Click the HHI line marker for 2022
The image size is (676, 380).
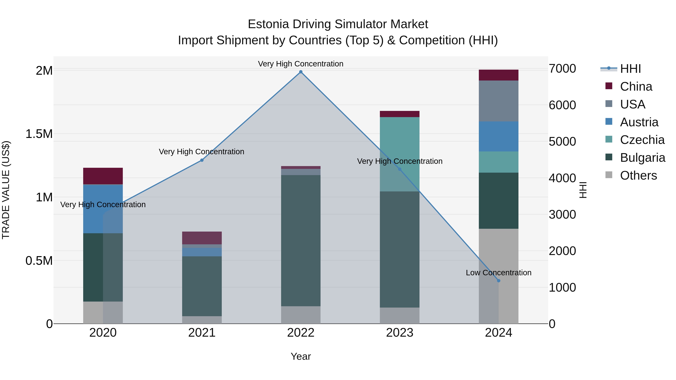click(301, 72)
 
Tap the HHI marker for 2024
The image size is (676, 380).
click(499, 281)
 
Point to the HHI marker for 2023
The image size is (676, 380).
click(400, 169)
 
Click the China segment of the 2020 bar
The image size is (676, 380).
click(103, 176)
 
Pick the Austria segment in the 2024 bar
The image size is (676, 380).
click(499, 136)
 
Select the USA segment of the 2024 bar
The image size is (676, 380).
click(499, 101)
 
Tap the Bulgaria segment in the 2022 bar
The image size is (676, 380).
click(301, 241)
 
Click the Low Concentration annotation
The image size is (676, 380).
click(499, 273)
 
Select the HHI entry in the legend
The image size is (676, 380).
click(630, 69)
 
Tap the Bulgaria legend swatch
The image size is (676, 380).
click(609, 157)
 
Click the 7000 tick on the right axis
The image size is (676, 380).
click(562, 69)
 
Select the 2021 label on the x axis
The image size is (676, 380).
click(202, 333)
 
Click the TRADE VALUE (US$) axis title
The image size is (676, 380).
click(6, 190)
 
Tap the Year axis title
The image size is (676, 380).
click(301, 356)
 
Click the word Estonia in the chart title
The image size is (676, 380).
click(268, 24)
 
